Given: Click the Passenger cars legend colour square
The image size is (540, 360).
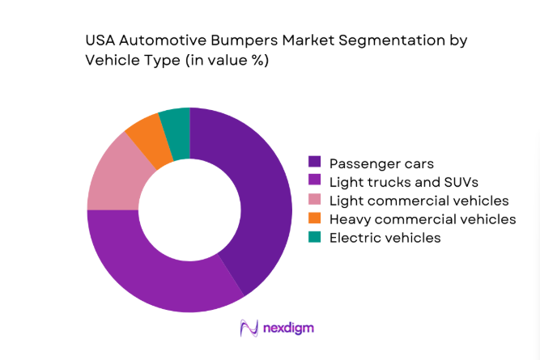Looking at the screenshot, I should [315, 163].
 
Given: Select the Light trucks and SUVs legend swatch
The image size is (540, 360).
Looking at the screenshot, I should [315, 181].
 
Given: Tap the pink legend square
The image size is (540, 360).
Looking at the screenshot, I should [315, 200].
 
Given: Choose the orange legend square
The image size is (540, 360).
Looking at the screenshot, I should [315, 218].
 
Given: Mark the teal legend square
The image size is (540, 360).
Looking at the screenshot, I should [315, 237].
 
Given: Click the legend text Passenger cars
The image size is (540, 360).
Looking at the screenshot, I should [376, 163].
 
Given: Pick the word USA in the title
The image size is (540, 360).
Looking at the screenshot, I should [100, 39].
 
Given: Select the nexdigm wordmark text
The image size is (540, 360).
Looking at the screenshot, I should [288, 328].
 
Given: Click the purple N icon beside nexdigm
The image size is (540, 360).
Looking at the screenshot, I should [249, 328].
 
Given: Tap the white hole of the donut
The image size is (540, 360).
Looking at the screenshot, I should [189, 209].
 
